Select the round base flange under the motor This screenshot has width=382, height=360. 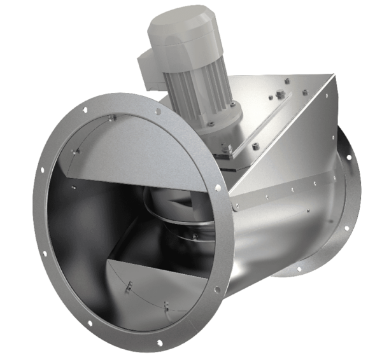coord(213,124)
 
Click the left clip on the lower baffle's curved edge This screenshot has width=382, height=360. coord(128,289)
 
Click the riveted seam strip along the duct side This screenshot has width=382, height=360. coord(280,194)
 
